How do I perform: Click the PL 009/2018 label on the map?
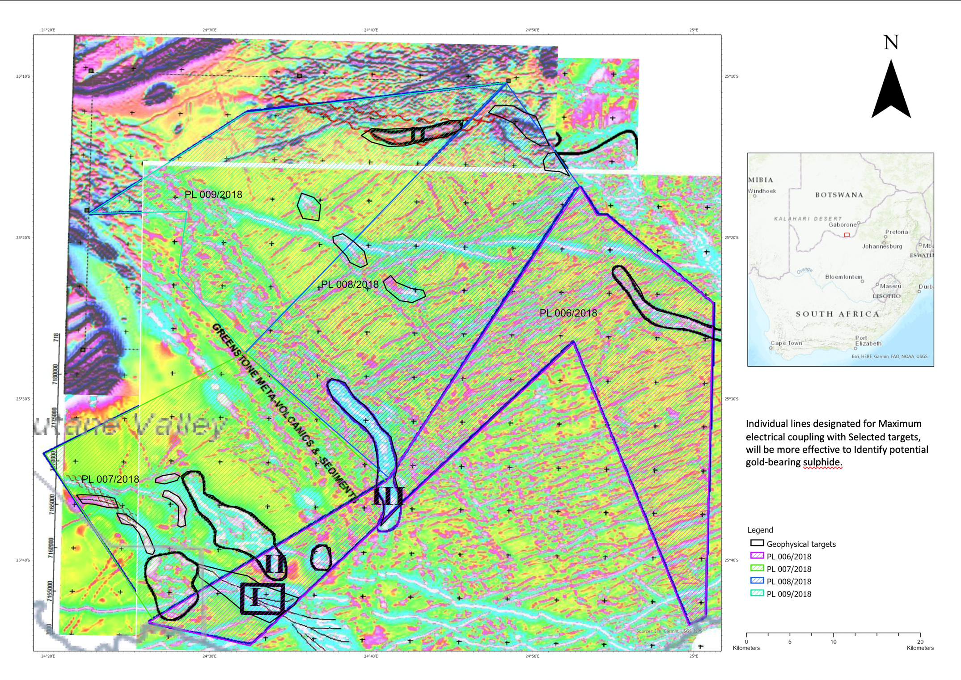coord(213,195)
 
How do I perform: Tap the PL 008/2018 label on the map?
coord(350,285)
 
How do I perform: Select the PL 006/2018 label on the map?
coord(568,313)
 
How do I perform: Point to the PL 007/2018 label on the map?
coord(110,480)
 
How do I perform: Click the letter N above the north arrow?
coord(891,43)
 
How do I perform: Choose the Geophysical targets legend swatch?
coord(757,543)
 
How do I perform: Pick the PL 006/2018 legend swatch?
coord(757,556)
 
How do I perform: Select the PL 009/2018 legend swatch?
coord(757,593)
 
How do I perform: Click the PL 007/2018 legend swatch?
coord(757,568)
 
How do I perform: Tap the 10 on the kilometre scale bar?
coord(833,642)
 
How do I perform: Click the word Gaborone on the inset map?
coord(842,225)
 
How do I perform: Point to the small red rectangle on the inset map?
coord(847,235)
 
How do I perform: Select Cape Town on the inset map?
coord(786,343)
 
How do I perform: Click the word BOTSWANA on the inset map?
coord(839,195)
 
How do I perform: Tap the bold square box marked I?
coord(262,598)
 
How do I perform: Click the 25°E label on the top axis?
coord(694,30)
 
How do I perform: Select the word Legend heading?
coord(760,530)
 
